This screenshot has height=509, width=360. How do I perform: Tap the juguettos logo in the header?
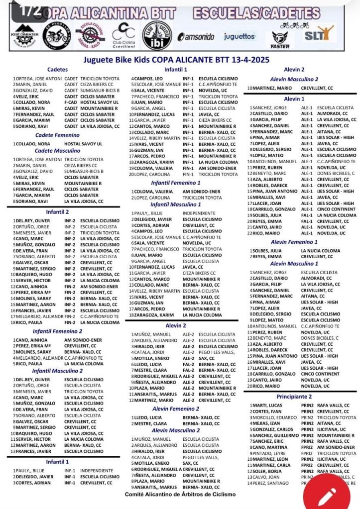tap(240, 36)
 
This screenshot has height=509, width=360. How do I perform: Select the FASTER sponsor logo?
tap(279, 39)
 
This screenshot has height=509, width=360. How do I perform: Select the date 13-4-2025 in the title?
tap(248, 60)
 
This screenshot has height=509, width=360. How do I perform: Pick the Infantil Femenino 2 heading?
tap(58, 331)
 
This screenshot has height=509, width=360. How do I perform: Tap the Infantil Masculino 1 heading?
tap(176, 204)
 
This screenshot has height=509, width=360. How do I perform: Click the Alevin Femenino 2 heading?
tap(175, 408)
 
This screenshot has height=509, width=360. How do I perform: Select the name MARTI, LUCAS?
tap(267, 406)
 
